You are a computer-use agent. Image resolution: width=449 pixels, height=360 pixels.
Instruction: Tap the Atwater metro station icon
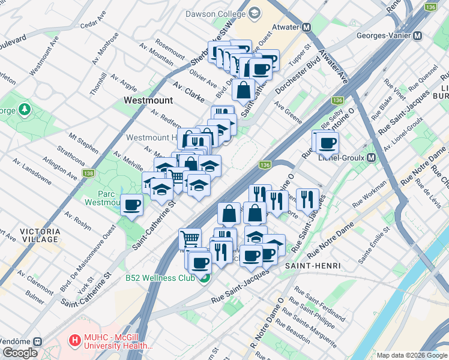click(x=306, y=27)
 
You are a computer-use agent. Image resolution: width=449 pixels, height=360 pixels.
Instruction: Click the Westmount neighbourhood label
click(x=148, y=101)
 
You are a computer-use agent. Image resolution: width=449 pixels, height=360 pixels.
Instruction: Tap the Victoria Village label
click(x=40, y=235)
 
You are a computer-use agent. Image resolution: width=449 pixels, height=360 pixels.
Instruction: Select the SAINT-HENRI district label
click(x=304, y=265)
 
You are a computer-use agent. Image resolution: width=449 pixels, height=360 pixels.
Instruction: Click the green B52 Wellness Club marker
click(x=205, y=278)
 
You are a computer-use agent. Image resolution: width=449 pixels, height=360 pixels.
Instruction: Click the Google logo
click(x=20, y=352)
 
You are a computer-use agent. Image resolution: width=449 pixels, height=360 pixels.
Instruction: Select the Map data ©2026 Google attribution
click(x=411, y=355)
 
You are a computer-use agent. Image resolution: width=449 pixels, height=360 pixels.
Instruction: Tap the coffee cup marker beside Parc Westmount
click(x=132, y=206)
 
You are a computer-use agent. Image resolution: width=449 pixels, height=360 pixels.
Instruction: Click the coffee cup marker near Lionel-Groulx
click(x=327, y=143)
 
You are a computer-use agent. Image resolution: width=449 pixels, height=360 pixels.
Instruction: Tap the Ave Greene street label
click(x=288, y=112)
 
